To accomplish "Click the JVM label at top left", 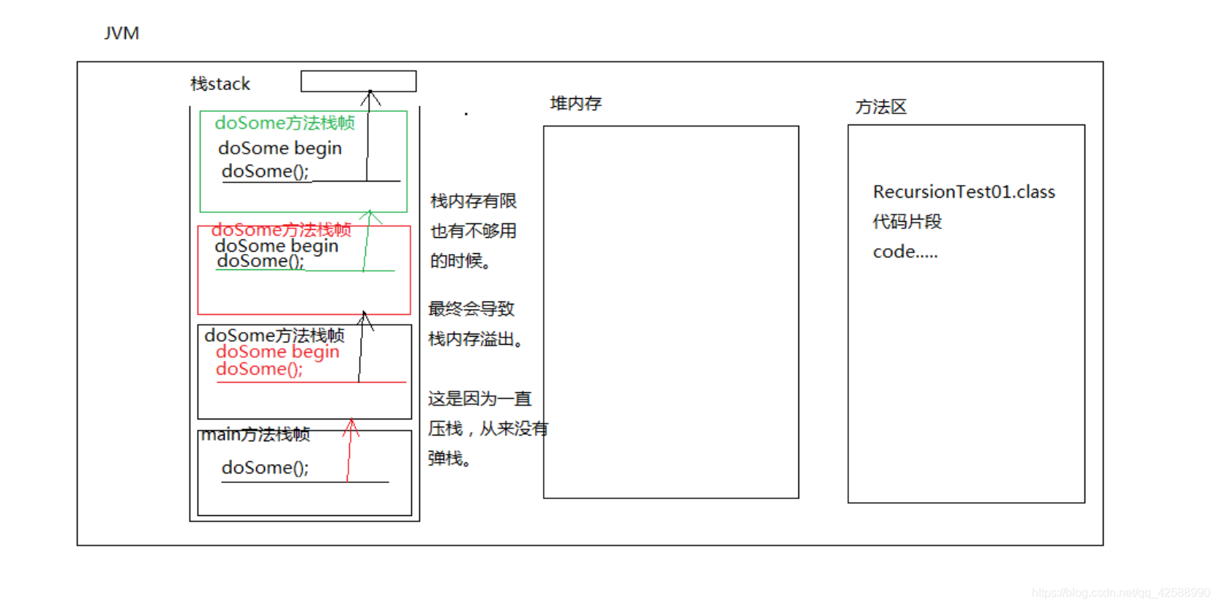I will (x=121, y=34).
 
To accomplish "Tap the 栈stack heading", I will (x=220, y=84).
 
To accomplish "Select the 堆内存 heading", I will (x=575, y=104).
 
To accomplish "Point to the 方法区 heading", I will (x=880, y=108).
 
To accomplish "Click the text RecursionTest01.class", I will (x=963, y=192).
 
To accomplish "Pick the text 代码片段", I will (x=907, y=222).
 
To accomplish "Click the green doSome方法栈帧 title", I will (x=284, y=123).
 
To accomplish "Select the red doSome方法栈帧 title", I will (x=281, y=230).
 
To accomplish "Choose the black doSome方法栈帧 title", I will (x=274, y=335).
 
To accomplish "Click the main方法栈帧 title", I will (x=255, y=435).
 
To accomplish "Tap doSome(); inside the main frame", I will (x=265, y=468).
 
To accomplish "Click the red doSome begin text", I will (x=277, y=352).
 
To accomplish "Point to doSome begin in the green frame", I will (x=280, y=149).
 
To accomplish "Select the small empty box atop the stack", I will (x=359, y=81).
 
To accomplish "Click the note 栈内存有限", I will (x=473, y=201).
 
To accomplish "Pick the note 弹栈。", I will (x=449, y=459).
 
